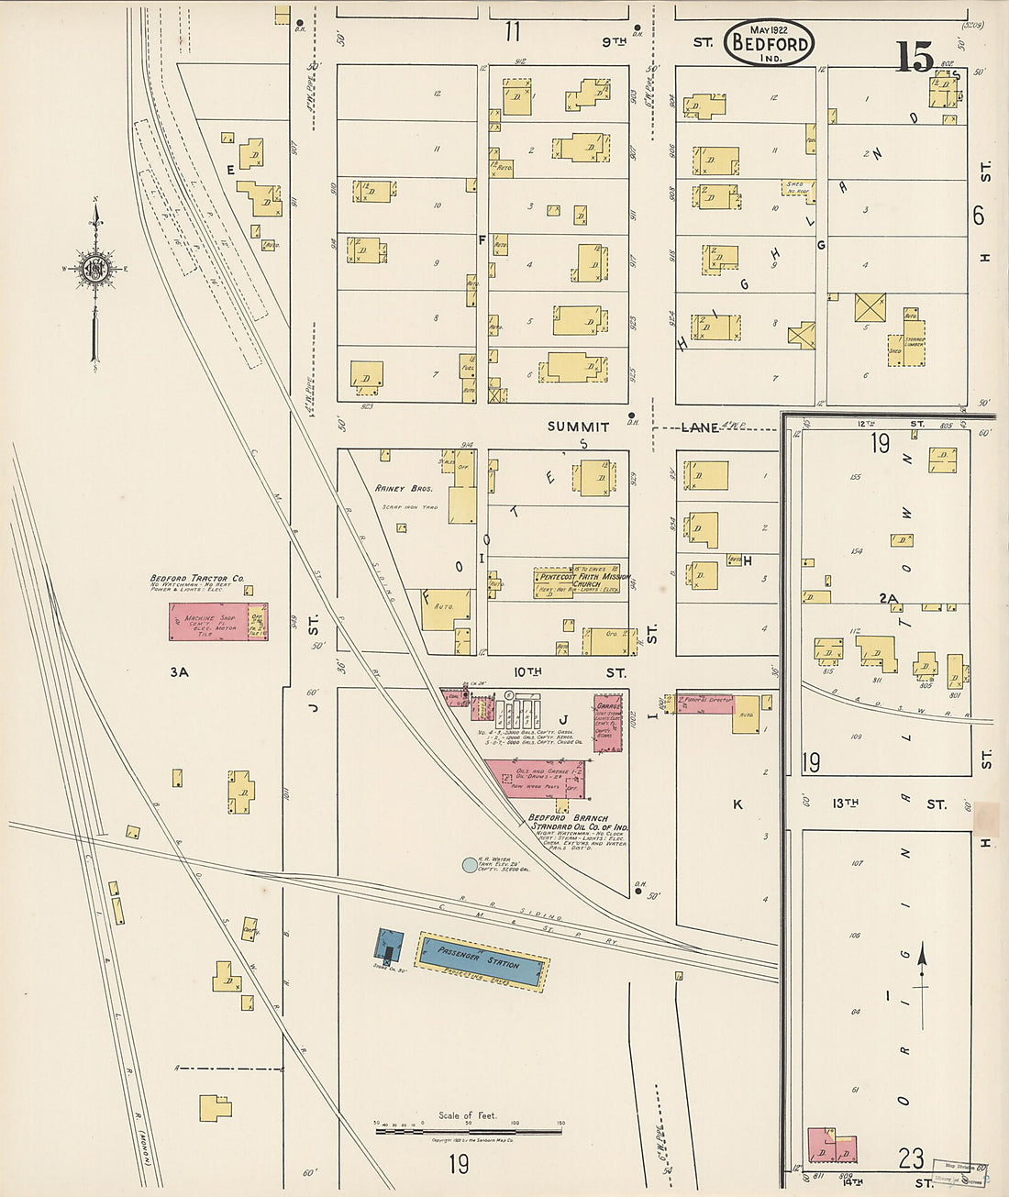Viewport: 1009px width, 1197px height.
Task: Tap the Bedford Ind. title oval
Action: pos(769,43)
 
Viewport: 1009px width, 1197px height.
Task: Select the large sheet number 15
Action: pos(915,57)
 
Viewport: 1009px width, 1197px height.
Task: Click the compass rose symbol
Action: pos(95,269)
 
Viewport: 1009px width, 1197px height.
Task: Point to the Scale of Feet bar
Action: pos(468,1131)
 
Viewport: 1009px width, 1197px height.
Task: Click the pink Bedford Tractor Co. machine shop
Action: pos(209,621)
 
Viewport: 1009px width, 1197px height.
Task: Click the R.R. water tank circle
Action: pos(470,864)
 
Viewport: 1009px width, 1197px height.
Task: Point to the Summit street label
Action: pos(578,427)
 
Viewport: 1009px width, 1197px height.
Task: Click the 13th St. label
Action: pos(845,804)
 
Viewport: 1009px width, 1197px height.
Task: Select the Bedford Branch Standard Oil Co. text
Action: pos(578,823)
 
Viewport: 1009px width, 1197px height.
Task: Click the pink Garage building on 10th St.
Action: pos(607,723)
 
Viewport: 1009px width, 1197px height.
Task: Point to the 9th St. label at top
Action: pos(615,41)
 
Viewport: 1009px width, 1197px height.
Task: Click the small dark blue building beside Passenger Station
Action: pos(389,946)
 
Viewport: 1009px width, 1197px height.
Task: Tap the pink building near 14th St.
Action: pos(831,1146)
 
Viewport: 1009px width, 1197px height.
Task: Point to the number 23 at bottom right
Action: pos(910,1158)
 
